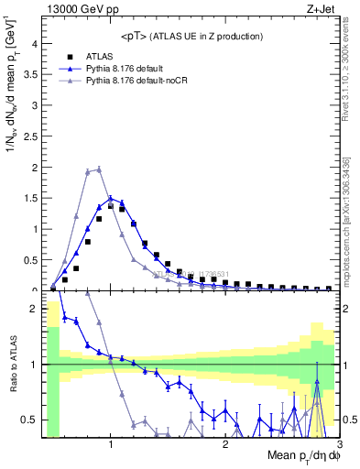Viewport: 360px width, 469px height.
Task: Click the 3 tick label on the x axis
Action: pos(339,445)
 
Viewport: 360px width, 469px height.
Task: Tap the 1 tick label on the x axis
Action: pos(110,445)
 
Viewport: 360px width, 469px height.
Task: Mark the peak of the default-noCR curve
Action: pos(98,169)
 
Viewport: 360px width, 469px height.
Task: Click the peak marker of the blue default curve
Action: pos(110,198)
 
